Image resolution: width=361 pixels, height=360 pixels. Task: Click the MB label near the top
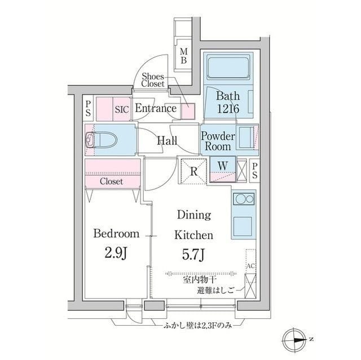coord(184,56)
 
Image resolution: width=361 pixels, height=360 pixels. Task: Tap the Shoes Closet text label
coord(153,80)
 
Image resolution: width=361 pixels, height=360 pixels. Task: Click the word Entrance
coord(155,109)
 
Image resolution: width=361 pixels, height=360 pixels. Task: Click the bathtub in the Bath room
coord(229,70)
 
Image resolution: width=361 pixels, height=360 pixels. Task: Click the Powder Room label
coord(217,141)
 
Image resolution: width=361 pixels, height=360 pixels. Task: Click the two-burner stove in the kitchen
coord(243,200)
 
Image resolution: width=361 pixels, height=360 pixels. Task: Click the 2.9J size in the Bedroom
coord(116,252)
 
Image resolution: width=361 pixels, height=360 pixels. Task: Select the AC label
coord(250,265)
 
